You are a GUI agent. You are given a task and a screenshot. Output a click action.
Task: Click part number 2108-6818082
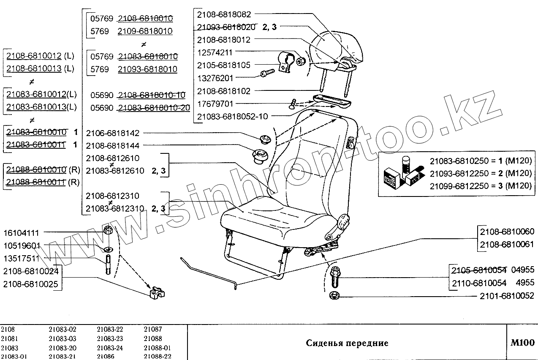point(224,14)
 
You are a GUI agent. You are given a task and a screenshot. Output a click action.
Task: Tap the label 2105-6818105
point(224,65)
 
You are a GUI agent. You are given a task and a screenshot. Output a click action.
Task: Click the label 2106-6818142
point(112,133)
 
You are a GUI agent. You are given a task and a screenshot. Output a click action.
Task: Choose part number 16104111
point(22,233)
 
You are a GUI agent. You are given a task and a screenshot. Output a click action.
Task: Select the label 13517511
point(22,259)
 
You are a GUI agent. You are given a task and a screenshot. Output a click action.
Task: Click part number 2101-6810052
point(507,296)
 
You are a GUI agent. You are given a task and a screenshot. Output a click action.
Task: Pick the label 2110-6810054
point(479,283)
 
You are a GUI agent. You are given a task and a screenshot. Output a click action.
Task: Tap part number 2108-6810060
point(507,232)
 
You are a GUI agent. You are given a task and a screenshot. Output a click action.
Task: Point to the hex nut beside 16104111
point(107,231)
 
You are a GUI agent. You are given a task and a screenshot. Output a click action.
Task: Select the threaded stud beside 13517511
point(108,265)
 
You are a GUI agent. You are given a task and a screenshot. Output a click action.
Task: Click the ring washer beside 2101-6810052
point(334,295)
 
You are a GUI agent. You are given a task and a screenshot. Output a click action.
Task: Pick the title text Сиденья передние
point(347,343)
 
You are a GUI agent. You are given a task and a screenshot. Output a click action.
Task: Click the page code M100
point(522,342)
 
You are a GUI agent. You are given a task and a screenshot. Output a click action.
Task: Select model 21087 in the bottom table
point(153,329)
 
